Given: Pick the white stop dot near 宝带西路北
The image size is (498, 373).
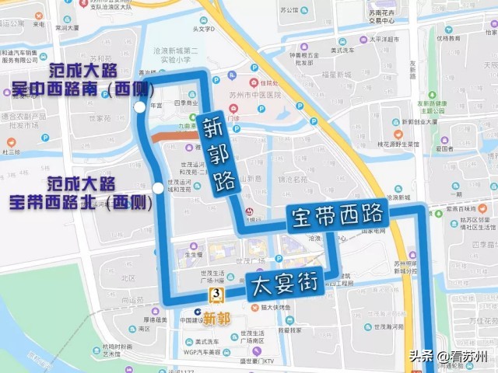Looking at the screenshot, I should coord(159,188).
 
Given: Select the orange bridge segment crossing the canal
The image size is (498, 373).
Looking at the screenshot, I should coord(171,136).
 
